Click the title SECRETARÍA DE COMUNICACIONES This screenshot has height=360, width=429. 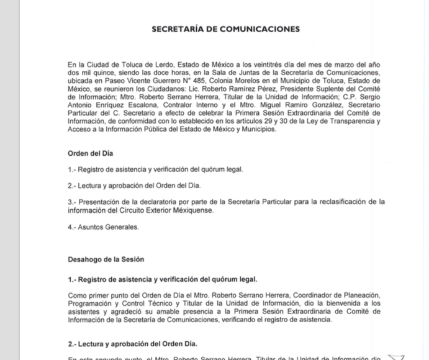point(225,29)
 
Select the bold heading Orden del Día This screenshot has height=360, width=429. point(90,154)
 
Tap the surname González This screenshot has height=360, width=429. point(305,105)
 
